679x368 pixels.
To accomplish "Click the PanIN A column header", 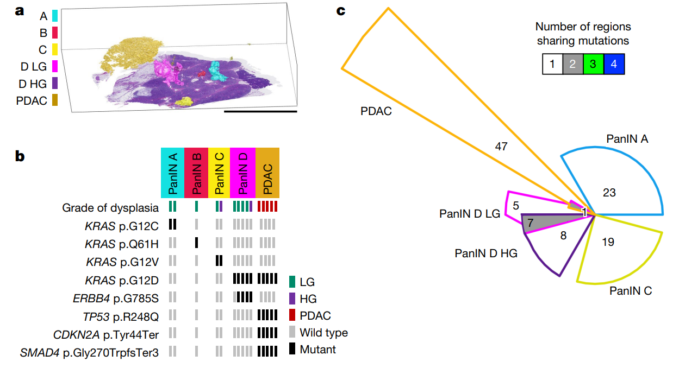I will point(172,172).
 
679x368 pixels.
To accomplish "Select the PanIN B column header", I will point(196,172).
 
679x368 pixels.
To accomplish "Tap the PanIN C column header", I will point(220,172).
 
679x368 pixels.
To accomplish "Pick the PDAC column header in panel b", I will point(267,172).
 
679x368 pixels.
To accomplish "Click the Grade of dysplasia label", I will point(110,207).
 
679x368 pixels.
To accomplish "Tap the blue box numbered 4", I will point(614,64).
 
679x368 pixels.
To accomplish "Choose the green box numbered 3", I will point(593,64).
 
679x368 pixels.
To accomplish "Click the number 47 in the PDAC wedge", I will point(501,146).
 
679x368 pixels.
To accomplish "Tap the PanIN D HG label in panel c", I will point(486,253).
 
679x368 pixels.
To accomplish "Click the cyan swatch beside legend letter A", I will point(55,16).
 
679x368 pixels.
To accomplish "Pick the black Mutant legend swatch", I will point(292,349).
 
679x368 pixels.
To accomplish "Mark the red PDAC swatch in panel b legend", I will point(292,315).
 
